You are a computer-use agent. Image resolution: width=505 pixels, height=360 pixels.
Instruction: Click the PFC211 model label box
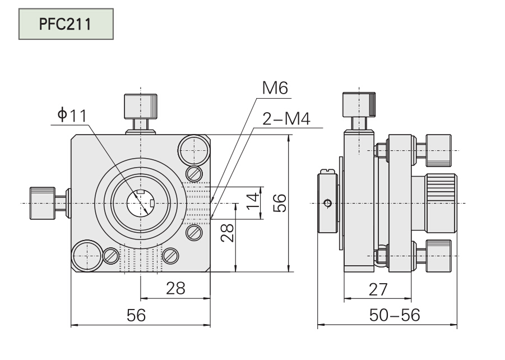click(66, 25)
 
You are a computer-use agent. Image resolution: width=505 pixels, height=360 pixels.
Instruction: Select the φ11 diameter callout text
click(72, 116)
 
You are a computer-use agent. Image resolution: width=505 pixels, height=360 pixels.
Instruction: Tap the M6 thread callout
click(273, 88)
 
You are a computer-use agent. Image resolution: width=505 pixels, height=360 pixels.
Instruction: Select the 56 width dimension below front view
click(136, 315)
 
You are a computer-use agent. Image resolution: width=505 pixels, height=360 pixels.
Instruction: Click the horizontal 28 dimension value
click(175, 288)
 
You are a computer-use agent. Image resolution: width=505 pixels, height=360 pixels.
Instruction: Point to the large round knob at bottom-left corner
click(87, 255)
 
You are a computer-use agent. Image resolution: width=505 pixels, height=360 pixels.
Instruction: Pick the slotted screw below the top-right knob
click(194, 174)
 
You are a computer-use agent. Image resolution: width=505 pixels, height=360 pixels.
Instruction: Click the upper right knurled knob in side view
click(438, 150)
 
